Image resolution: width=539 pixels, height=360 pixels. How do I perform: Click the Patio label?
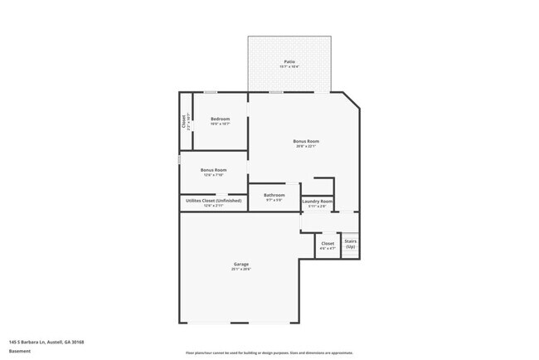(x=289, y=61)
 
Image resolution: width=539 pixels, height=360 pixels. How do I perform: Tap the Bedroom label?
(x=220, y=119)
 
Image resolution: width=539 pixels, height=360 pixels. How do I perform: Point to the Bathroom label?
(x=274, y=195)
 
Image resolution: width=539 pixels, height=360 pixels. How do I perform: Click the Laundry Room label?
(x=318, y=201)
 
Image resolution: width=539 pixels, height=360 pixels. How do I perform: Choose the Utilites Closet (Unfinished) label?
(x=214, y=200)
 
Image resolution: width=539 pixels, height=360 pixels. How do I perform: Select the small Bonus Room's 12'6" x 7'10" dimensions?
(x=213, y=175)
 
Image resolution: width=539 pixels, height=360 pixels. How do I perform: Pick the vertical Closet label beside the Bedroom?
(x=184, y=120)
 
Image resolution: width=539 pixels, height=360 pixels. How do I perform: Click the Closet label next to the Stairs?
(x=328, y=243)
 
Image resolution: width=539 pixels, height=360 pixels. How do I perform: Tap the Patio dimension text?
(x=289, y=66)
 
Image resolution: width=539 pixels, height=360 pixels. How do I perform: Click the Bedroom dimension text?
(x=220, y=124)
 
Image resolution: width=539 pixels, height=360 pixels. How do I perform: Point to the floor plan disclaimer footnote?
(x=269, y=352)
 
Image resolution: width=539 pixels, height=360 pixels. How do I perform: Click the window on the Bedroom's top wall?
(x=211, y=91)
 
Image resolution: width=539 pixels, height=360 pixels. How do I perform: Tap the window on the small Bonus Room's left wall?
(x=179, y=158)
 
